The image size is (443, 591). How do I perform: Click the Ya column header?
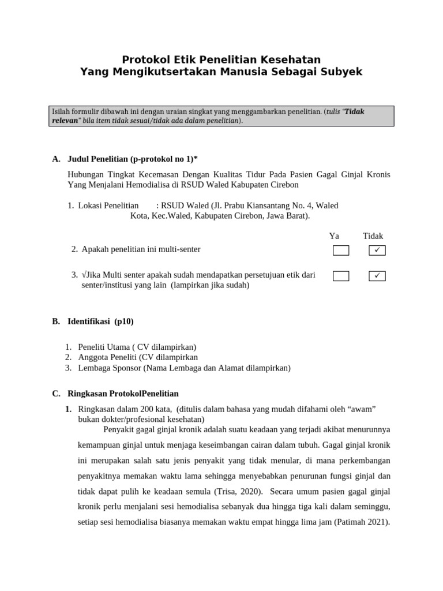coord(334,236)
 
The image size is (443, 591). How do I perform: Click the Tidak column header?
coord(373,236)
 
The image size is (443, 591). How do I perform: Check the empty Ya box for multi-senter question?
coord(341,250)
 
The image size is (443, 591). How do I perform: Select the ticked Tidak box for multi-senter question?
coord(377,250)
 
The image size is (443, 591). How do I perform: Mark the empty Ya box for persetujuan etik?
coord(341,276)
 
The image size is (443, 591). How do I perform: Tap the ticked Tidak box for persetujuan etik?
coord(377,276)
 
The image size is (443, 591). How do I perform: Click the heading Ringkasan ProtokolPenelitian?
coord(123,394)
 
